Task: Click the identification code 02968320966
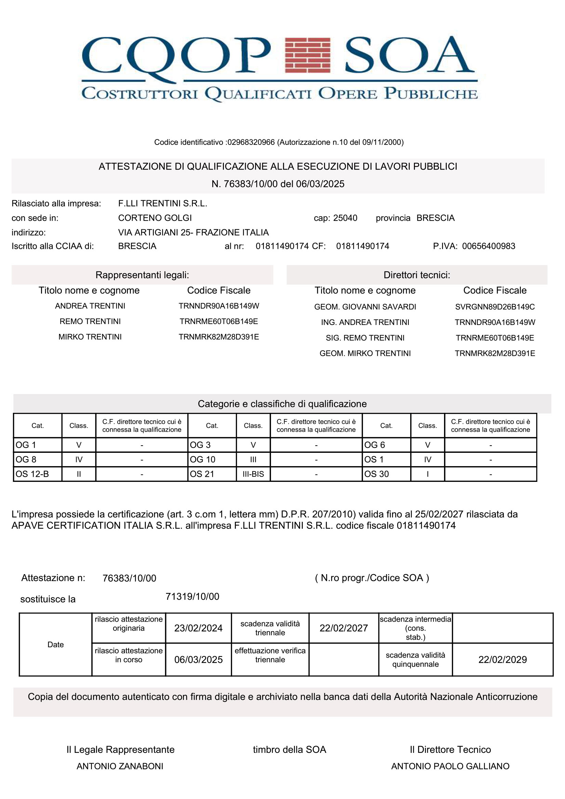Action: [251, 142]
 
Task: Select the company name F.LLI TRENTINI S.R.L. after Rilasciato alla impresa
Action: [163, 203]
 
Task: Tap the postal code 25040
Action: [345, 218]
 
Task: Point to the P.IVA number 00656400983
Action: [488, 246]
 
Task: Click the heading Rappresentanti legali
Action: [142, 275]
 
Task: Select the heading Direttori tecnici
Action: [417, 275]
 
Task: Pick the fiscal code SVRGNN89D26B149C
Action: [495, 307]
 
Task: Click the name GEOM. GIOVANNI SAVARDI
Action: [365, 307]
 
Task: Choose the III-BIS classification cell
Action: [253, 474]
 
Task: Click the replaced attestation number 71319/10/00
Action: [192, 596]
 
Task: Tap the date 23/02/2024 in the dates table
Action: [198, 628]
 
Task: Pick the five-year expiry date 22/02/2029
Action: [502, 660]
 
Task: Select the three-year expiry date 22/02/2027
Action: [344, 628]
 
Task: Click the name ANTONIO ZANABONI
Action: [120, 766]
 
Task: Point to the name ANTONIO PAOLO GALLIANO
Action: [450, 766]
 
